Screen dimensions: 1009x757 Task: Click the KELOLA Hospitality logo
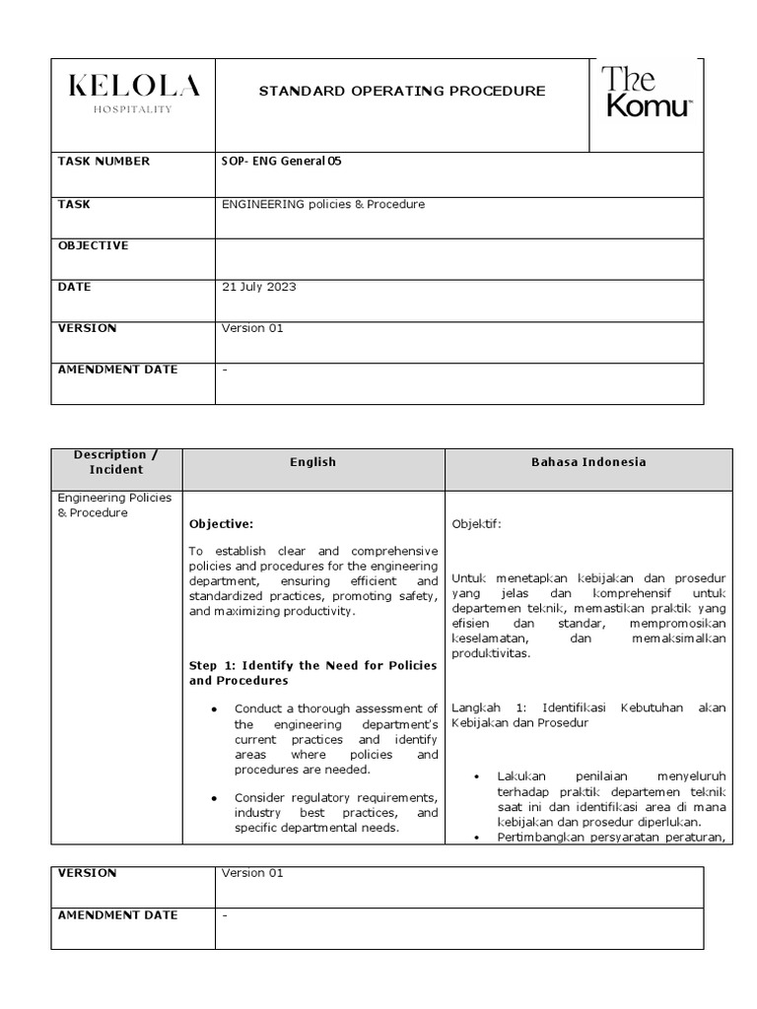(133, 93)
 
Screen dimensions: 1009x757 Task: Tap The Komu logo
(648, 93)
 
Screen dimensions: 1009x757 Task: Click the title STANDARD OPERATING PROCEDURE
(401, 91)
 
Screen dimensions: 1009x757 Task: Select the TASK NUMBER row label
(104, 162)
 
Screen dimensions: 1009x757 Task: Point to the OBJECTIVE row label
(93, 245)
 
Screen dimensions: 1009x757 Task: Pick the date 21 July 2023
(259, 287)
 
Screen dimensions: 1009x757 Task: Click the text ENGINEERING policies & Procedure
(323, 204)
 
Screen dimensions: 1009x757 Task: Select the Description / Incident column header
(116, 462)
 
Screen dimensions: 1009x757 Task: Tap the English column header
(313, 462)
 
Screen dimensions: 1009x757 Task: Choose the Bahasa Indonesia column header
(588, 462)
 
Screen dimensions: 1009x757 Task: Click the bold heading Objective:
(222, 524)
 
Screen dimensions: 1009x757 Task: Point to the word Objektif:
(476, 524)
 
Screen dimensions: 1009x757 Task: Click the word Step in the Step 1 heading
(205, 666)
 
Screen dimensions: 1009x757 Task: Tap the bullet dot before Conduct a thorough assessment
(213, 709)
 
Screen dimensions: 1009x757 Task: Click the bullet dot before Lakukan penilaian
(477, 776)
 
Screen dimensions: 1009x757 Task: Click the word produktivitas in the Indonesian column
(490, 653)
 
